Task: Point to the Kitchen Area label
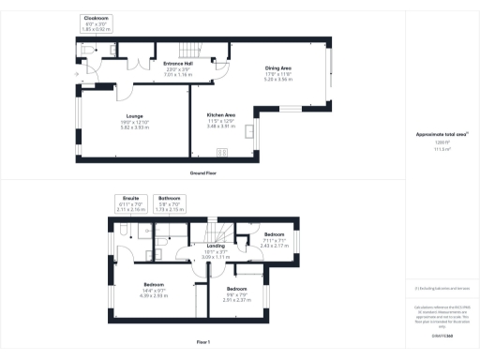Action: pos(220,114)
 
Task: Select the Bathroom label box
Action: pos(169,202)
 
